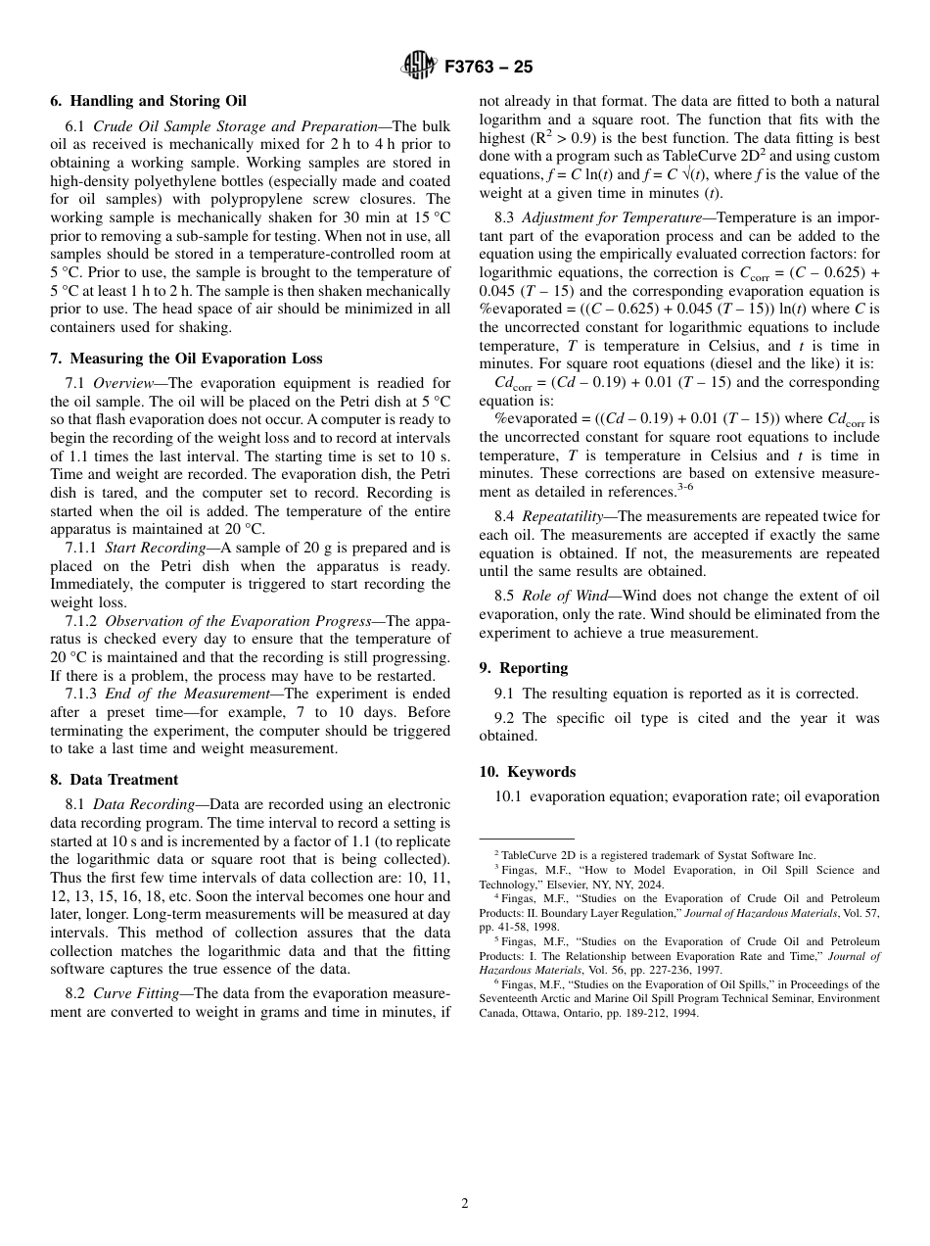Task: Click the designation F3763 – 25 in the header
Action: point(488,68)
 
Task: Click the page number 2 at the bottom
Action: point(465,1204)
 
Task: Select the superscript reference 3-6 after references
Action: point(685,487)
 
